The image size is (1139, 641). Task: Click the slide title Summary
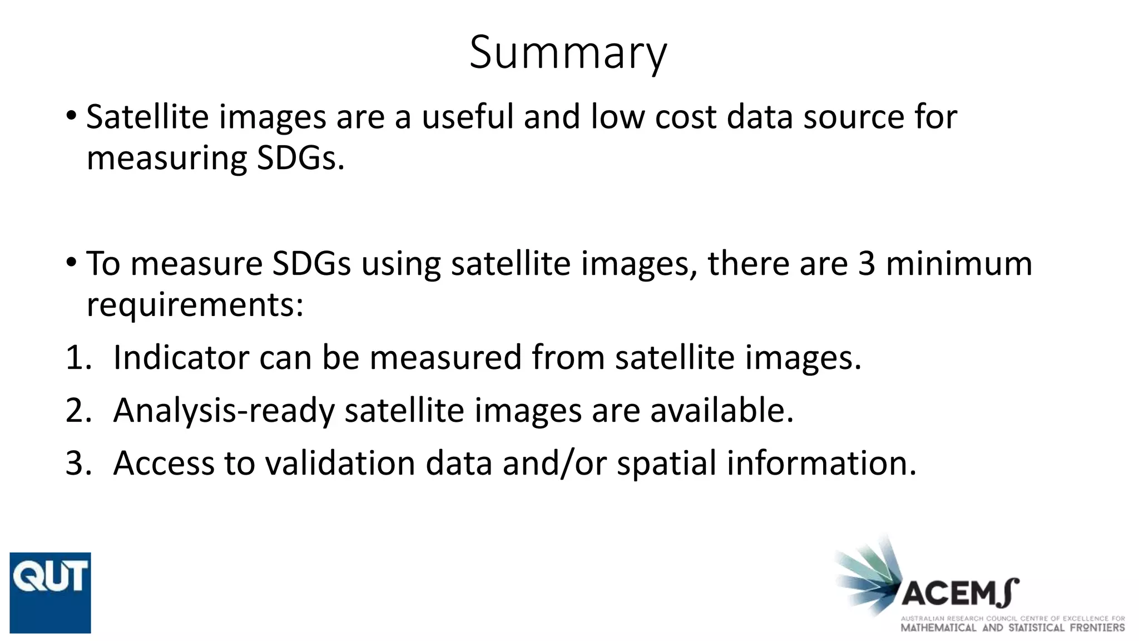pos(568,52)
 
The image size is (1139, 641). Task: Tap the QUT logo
pos(50,593)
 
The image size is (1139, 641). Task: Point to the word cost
pos(685,117)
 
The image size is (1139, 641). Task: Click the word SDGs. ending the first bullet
pos(300,159)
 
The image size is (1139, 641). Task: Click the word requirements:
pos(195,305)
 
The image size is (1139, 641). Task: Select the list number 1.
pos(78,357)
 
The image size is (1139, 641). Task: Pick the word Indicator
pos(181,357)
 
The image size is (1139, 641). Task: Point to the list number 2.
pos(78,411)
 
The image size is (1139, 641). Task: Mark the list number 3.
pos(78,463)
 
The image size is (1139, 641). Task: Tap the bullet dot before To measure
pos(70,261)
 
